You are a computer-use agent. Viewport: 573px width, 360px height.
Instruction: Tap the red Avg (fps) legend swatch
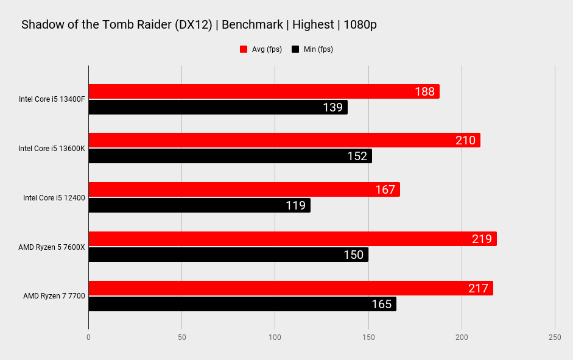[244, 49]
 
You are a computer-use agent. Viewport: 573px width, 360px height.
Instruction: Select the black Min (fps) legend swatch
[295, 49]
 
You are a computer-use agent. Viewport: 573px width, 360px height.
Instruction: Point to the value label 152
[357, 156]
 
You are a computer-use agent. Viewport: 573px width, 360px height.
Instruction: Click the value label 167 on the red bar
[385, 189]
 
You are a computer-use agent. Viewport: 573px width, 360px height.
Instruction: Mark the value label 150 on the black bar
[353, 255]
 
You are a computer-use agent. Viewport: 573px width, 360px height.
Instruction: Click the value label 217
[478, 288]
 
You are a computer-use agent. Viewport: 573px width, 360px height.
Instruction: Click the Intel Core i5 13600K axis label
[52, 148]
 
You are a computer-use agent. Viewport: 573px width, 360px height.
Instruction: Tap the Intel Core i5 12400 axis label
[54, 197]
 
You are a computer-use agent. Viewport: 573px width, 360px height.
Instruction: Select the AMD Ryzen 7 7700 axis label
[54, 296]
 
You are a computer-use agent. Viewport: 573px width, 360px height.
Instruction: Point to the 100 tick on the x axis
[275, 337]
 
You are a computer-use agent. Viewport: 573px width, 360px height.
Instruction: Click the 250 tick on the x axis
[554, 337]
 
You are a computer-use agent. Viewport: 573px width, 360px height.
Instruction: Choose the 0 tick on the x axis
[89, 337]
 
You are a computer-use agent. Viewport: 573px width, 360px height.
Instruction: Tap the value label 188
[424, 91]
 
